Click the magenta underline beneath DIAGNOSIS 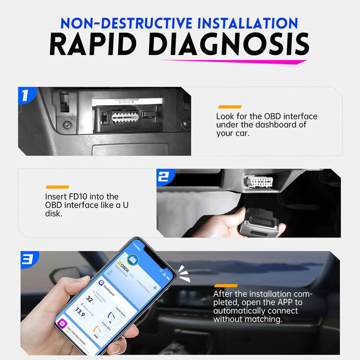click(x=234, y=61)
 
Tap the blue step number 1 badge click(x=25, y=96)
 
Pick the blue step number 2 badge click(x=164, y=177)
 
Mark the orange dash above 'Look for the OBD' click(x=229, y=107)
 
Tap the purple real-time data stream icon click(x=62, y=324)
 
